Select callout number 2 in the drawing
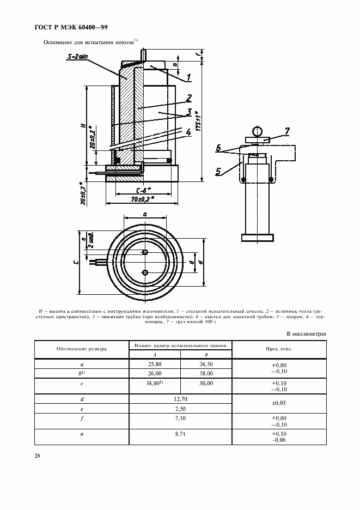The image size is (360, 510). [x=188, y=99]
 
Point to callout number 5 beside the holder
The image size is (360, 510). [x=218, y=172]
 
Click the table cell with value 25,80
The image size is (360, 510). [x=155, y=365]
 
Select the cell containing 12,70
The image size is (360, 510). [x=180, y=399]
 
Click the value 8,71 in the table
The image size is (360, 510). [x=180, y=434]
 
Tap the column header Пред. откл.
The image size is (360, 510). [x=279, y=349]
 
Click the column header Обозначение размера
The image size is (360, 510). [x=81, y=349]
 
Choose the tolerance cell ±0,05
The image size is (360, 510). [x=279, y=403]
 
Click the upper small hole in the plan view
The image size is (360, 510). [x=144, y=252]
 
